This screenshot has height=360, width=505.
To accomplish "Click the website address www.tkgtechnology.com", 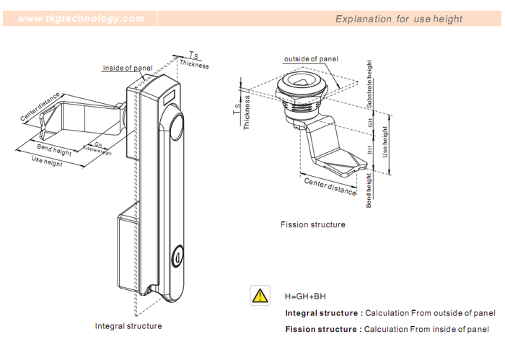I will (x=81, y=18).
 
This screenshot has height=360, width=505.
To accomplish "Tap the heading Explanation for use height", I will (x=398, y=19).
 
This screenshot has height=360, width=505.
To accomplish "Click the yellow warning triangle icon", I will (x=258, y=295).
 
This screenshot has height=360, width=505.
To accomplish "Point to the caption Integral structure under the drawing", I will (x=128, y=326).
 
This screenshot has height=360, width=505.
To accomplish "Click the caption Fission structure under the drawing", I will (x=312, y=224).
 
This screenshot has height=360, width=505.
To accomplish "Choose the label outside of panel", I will (x=311, y=58).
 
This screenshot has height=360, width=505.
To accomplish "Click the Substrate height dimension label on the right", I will (x=370, y=84).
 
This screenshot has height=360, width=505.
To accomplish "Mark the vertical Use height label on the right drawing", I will (x=385, y=143).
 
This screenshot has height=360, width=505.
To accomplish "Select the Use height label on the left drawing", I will (x=48, y=162).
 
